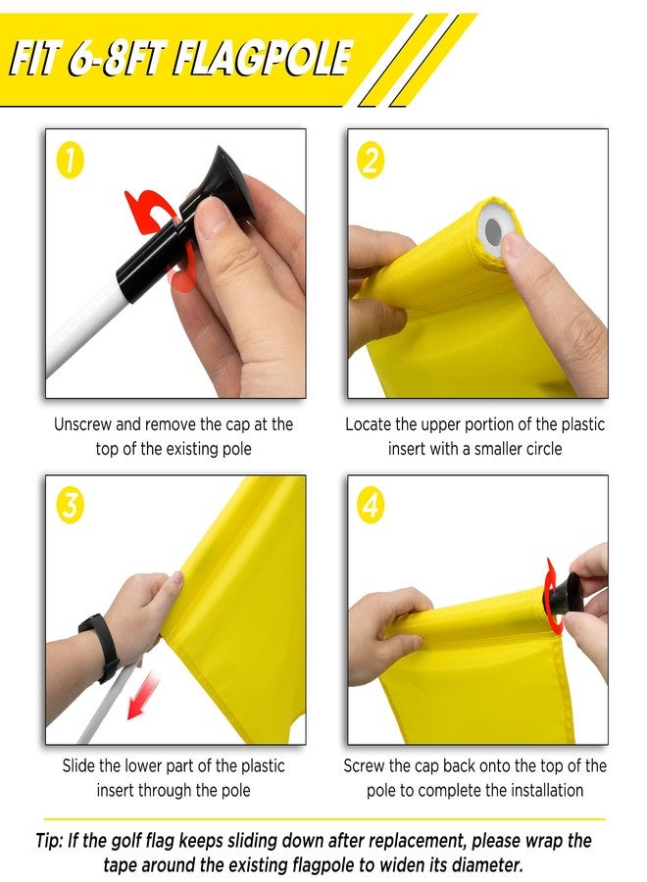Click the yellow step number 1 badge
click(70, 161)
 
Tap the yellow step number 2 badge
click(371, 161)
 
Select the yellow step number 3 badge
click(70, 505)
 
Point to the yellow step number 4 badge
click(371, 505)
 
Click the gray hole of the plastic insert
click(493, 229)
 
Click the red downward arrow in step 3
click(142, 697)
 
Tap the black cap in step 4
click(563, 596)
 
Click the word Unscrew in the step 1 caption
click(82, 424)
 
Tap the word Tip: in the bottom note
click(49, 841)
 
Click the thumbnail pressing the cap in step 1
click(211, 213)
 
